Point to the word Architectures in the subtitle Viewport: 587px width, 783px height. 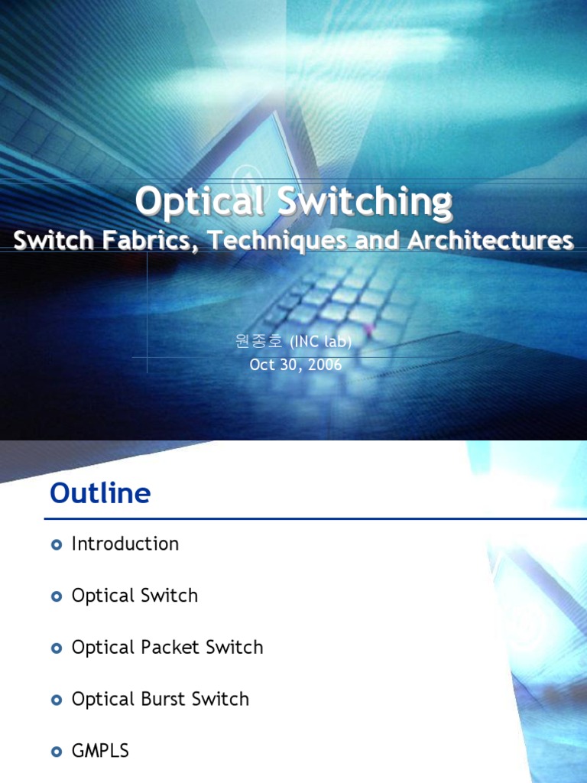[490, 240]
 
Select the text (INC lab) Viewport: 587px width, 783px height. [321, 342]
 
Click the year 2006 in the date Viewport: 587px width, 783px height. [325, 365]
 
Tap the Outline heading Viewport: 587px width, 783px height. [100, 493]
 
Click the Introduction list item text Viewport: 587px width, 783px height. [125, 544]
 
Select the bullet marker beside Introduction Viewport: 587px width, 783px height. [55, 544]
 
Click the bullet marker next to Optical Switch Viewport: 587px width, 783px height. [55, 596]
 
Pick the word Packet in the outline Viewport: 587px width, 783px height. [169, 647]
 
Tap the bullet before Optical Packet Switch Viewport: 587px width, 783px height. [55, 648]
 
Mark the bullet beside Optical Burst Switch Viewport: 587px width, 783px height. [55, 700]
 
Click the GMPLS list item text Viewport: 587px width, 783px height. [100, 751]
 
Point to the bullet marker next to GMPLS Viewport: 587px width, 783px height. [55, 752]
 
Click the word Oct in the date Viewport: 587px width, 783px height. [262, 365]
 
